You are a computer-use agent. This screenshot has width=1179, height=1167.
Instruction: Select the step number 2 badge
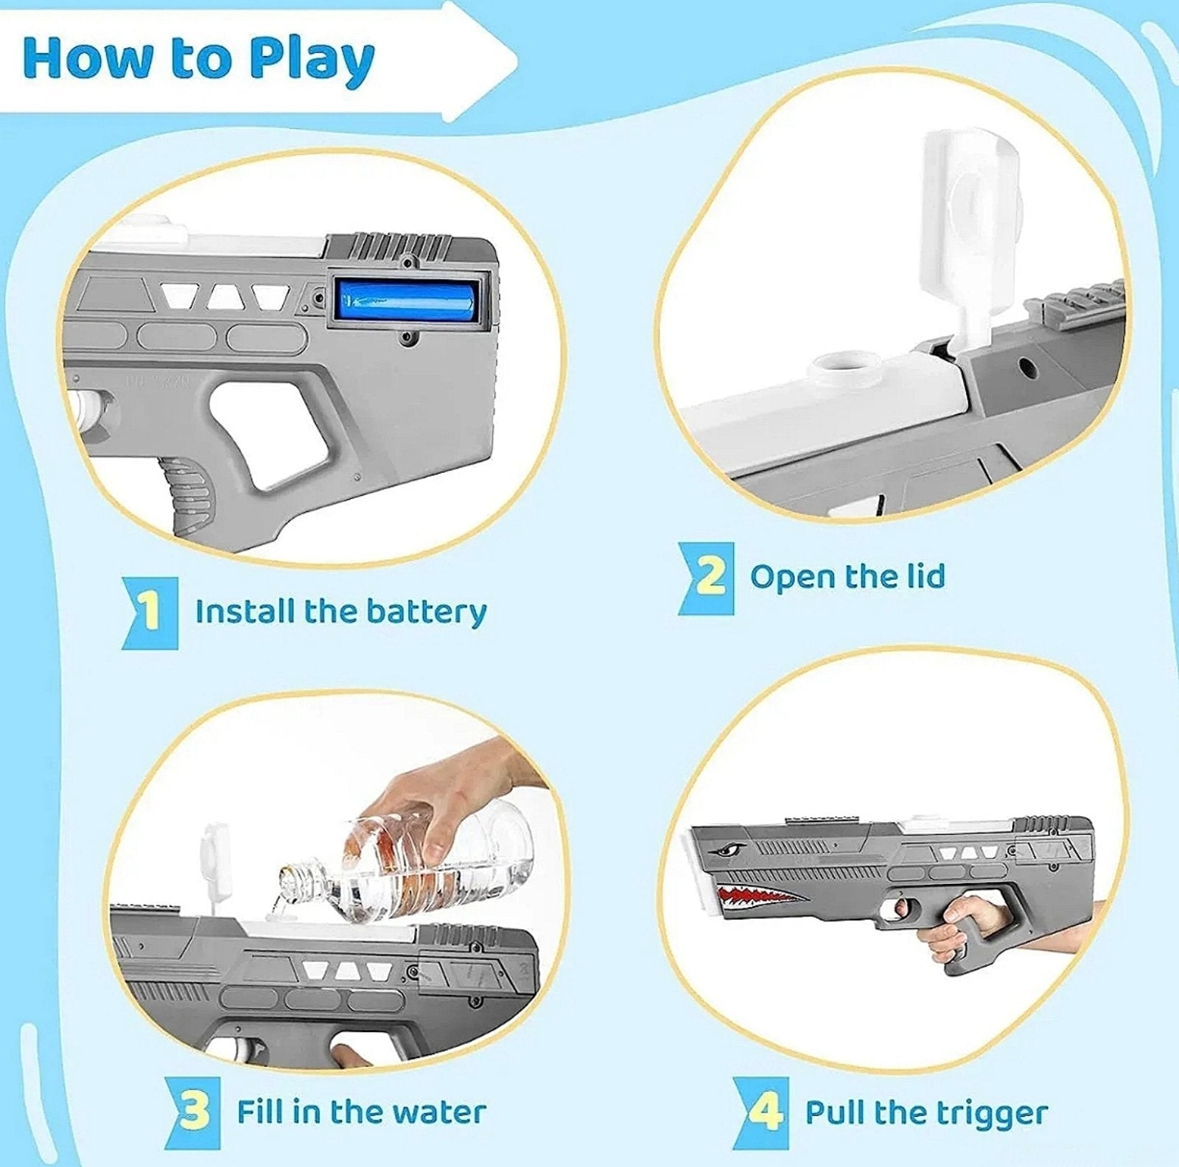point(708,577)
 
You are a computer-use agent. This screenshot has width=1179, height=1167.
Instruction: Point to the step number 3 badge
point(193,1112)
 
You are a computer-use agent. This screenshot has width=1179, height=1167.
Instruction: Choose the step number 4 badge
point(763,1112)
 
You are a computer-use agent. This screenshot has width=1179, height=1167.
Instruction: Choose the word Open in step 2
point(791,577)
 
